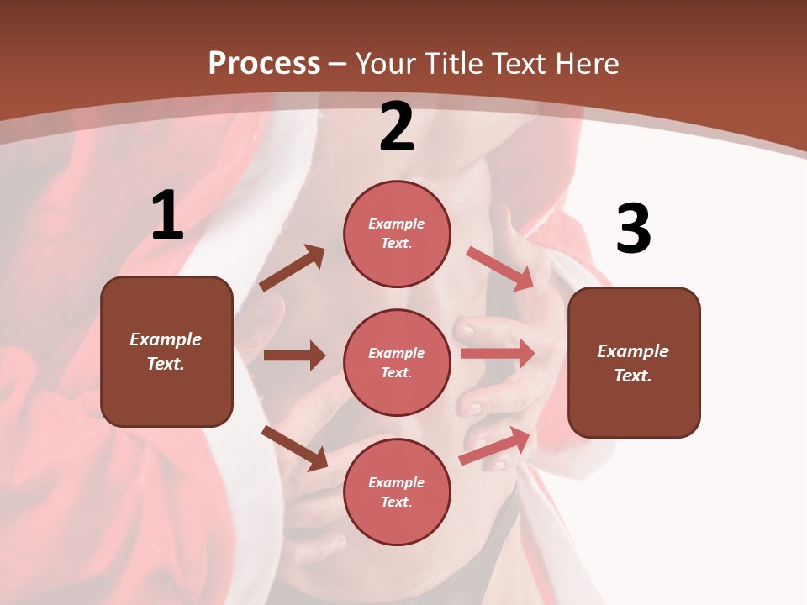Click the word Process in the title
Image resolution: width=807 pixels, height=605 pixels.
[x=264, y=64]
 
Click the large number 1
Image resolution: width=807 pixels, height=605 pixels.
[x=167, y=216]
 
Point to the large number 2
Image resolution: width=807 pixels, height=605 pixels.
[x=397, y=127]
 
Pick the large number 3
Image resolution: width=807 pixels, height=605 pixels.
[x=633, y=229]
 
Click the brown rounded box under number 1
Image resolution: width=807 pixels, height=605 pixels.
[x=166, y=351]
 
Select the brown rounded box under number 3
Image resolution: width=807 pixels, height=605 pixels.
[x=634, y=363]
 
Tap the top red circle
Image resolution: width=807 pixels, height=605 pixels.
[x=397, y=234]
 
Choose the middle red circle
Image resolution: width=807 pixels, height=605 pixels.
[x=397, y=362]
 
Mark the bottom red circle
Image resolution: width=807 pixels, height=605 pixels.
[x=397, y=492]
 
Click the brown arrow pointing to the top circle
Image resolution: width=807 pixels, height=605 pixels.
[x=293, y=268]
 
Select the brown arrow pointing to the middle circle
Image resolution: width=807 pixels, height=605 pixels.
[x=294, y=355]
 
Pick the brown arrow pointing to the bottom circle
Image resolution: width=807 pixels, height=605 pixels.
[x=294, y=448]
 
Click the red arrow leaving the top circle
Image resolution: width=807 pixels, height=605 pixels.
[x=500, y=269]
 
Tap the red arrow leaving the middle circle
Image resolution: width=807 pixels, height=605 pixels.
[x=498, y=354]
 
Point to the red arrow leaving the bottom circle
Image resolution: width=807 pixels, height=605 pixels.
[x=496, y=445]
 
